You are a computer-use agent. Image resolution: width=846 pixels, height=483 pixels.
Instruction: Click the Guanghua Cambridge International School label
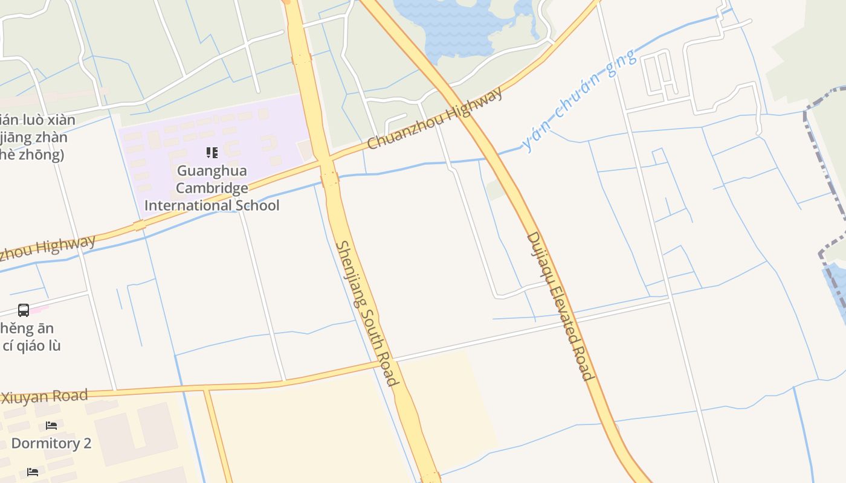[x=211, y=188]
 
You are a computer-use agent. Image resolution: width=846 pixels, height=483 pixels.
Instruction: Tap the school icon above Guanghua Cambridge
[x=211, y=153]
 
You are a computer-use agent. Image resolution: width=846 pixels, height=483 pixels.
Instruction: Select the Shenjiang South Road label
[x=367, y=313]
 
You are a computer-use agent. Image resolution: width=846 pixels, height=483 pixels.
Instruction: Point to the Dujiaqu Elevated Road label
[x=560, y=306]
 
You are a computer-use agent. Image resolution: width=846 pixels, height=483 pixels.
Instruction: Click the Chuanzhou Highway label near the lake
[x=435, y=119]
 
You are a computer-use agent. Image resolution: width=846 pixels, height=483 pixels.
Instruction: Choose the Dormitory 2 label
[x=51, y=444]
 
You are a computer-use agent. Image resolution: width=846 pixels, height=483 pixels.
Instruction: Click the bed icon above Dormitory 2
[x=51, y=426]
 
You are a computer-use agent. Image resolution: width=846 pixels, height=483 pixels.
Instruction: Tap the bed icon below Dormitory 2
[x=33, y=472]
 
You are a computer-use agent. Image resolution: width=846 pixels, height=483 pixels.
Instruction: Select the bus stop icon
[x=24, y=310]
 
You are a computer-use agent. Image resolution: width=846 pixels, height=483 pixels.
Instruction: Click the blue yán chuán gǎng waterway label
[x=578, y=100]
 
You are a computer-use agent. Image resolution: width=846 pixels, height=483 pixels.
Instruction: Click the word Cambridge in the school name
[x=211, y=188]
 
